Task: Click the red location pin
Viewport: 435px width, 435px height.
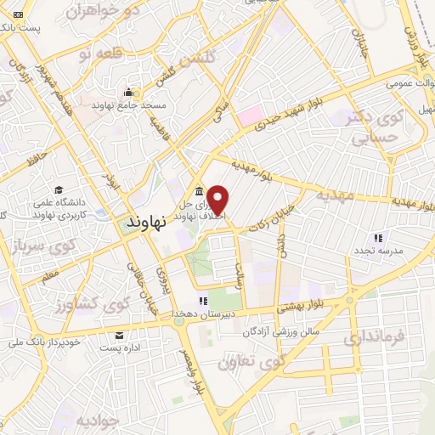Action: pyautogui.click(x=218, y=199)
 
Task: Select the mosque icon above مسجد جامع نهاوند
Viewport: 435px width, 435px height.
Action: pyautogui.click(x=128, y=92)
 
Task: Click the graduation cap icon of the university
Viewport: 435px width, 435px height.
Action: pyautogui.click(x=59, y=189)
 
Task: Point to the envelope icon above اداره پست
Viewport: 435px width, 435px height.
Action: pyautogui.click(x=120, y=335)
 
